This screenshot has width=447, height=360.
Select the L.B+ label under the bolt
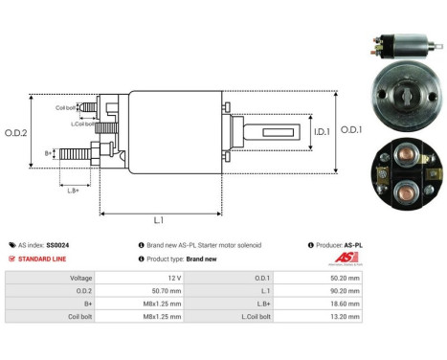point(74,191)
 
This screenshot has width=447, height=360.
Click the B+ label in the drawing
point(49,153)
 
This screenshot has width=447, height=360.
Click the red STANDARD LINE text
point(46,259)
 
